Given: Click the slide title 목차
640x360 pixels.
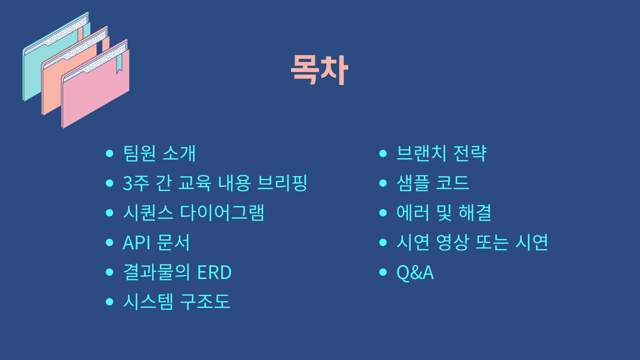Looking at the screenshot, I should pos(319,70).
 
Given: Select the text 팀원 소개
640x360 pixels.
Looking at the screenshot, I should pos(159,154).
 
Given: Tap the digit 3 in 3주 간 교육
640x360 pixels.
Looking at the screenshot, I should pos(128,183).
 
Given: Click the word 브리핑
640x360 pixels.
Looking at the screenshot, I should pos(282,183).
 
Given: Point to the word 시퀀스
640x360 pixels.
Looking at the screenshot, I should pos(148,213).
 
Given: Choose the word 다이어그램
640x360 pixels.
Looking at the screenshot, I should pos(222,213).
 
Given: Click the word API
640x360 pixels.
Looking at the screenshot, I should pos(136,243).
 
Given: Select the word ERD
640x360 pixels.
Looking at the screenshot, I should pos(214,272).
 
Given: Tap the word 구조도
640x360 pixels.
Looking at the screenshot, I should pos(205,302).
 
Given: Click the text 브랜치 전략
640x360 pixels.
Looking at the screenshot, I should pos(441,154).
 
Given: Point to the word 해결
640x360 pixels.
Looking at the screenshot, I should pos(475,213).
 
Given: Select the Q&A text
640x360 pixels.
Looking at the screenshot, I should pos(415,272).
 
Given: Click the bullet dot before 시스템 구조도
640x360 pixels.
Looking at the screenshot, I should pos(109,302).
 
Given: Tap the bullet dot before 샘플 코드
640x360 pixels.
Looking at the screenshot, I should pos(383,183).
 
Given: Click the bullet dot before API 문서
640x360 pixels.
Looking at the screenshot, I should pos(109,242).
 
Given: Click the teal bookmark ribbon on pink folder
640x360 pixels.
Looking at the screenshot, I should pos(119,63).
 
